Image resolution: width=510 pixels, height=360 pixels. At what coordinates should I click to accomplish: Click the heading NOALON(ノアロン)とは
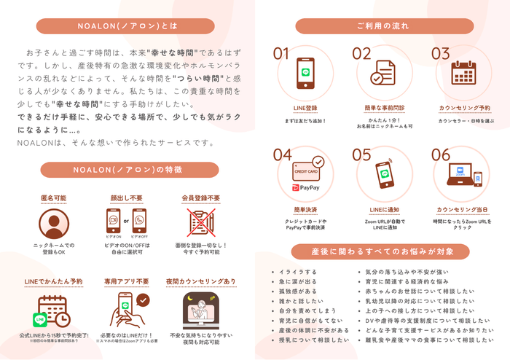coord(127,26)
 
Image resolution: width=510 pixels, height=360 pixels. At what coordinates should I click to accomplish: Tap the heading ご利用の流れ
coord(382,26)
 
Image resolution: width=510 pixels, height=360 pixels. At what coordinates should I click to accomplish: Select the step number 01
coord(281,54)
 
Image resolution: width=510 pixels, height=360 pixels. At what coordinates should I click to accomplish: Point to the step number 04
coord(282,155)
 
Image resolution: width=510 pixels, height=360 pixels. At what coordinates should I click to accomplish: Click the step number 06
coord(441,155)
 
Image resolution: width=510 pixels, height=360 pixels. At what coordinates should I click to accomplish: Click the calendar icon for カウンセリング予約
coord(464,74)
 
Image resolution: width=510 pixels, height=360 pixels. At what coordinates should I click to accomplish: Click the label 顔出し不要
coord(127,197)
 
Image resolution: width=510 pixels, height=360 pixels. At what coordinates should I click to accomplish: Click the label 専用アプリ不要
coord(127,281)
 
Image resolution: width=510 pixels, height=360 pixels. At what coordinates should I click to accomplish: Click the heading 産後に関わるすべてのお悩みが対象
coord(382,252)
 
